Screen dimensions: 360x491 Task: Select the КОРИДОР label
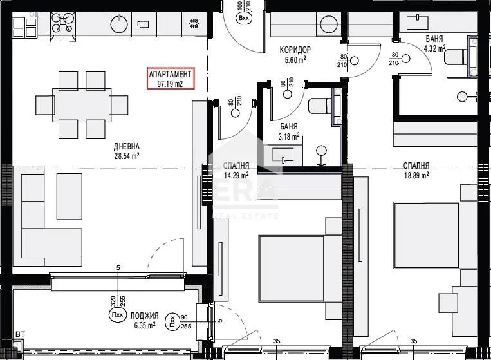[x=295, y=50]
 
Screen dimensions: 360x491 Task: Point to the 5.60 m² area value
[x=295, y=61]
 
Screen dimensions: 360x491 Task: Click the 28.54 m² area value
[x=127, y=156]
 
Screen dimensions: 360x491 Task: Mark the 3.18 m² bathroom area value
[x=288, y=137]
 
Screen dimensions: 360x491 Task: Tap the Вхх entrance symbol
[x=244, y=18]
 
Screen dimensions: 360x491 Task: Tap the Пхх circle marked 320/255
[x=118, y=316]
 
